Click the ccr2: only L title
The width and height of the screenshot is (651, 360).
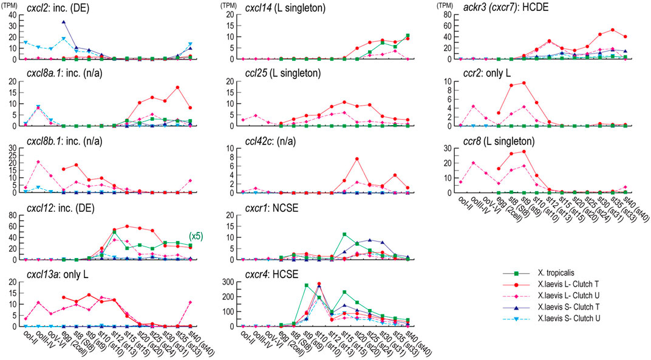pyautogui.click(x=493, y=75)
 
